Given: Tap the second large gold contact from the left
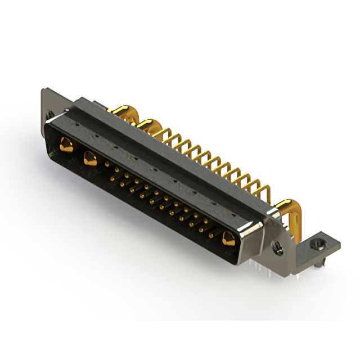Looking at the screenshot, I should click(x=89, y=158).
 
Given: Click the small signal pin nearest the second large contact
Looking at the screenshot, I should click(x=107, y=164).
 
